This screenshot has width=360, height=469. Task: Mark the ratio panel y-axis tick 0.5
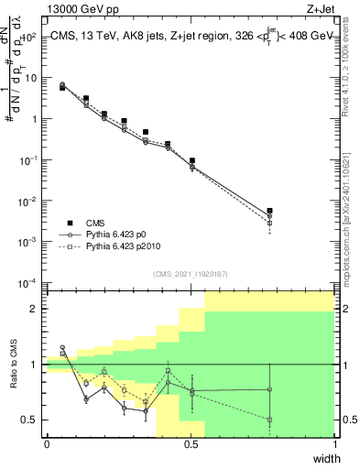[31, 420]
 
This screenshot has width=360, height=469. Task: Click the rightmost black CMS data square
[269, 211]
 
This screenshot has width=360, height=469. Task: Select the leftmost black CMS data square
[62, 87]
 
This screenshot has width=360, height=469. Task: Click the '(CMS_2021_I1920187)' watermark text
[191, 273]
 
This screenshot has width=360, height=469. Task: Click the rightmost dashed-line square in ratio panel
[269, 420]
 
